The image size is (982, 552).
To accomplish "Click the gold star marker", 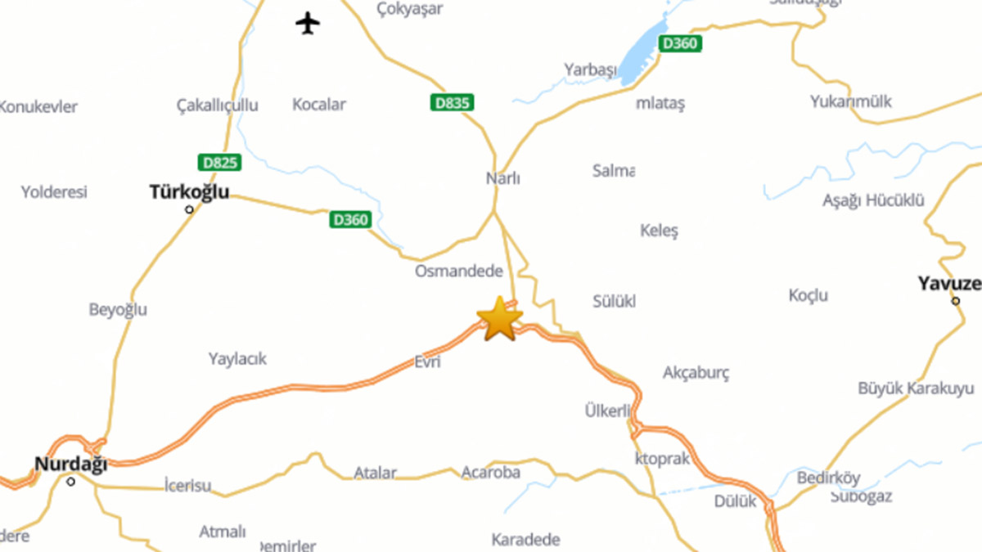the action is point(499,320).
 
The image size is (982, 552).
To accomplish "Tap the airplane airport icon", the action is point(308,23).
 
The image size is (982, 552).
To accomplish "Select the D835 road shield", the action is point(451,103).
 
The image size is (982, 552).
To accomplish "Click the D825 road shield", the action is point(219,163).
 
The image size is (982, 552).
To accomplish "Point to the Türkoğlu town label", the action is point(189,192).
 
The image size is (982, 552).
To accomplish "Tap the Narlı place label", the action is point(503,178).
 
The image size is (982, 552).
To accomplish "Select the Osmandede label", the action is point(459,271).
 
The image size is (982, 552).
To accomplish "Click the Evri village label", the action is point(427,361).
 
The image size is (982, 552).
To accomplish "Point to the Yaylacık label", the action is point(237,359).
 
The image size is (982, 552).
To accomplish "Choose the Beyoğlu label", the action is point(118,310).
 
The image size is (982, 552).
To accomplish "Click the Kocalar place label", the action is point(319,105).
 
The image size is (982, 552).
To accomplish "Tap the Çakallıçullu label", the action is point(218,105).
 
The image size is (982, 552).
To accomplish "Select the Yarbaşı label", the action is point(590,70).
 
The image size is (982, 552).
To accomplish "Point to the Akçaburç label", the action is point(696,373).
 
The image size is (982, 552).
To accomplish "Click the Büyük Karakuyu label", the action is point(916,388).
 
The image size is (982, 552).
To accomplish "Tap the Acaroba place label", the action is point(491,473).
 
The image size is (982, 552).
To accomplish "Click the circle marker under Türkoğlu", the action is point(190,209).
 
